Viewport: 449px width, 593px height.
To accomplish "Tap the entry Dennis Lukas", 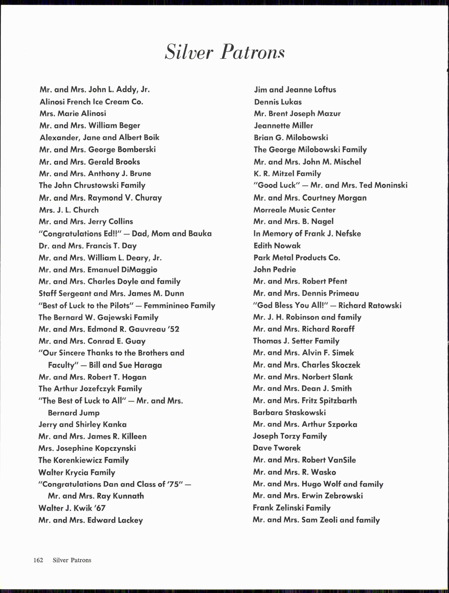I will click(278, 102).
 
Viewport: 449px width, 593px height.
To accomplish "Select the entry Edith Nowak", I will click(277, 246).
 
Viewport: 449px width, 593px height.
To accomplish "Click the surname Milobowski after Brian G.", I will click(307, 138).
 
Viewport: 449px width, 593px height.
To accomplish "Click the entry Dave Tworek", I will click(277, 448).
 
